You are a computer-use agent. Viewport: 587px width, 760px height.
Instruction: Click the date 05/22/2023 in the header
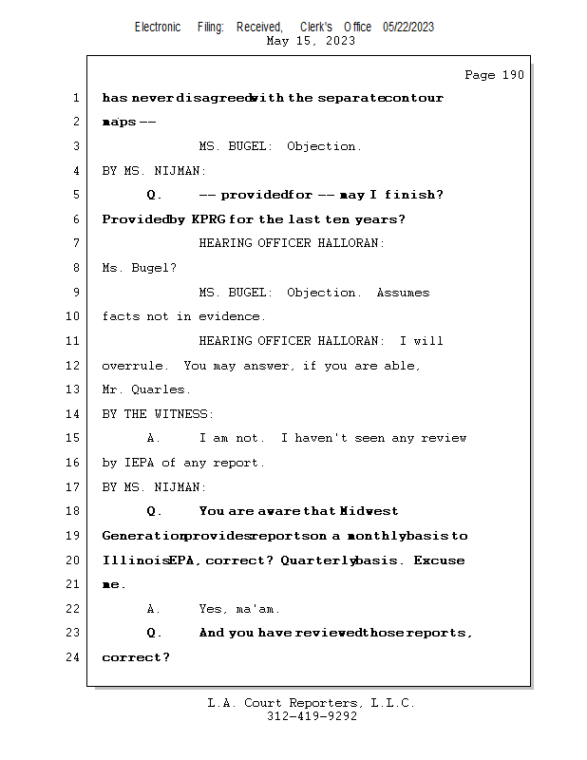click(408, 28)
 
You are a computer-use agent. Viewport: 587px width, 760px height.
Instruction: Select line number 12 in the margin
click(75, 366)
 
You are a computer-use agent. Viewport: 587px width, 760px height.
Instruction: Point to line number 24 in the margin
click(75, 657)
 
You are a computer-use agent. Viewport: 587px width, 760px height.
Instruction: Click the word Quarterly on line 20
click(318, 560)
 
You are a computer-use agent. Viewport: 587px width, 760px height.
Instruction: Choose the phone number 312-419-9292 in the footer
click(312, 717)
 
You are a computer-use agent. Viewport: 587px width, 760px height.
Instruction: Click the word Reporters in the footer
click(324, 703)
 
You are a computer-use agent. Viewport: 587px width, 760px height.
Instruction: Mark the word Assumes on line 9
click(403, 293)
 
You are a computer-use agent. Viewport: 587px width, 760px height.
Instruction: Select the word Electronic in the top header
click(158, 28)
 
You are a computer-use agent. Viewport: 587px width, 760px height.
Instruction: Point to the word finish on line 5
click(409, 195)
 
